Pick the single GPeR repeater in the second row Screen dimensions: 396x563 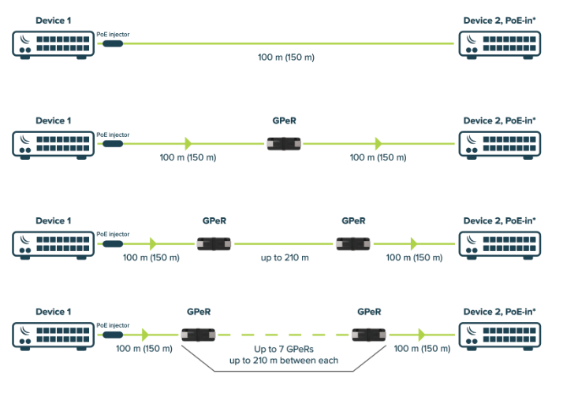pyautogui.click(x=284, y=144)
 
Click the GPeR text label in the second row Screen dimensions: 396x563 pyautogui.click(x=284, y=122)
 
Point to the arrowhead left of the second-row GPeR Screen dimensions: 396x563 pyautogui.click(x=188, y=144)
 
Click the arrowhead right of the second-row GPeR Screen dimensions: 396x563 pyautogui.click(x=378, y=144)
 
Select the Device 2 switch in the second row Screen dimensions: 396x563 pyautogui.click(x=499, y=144)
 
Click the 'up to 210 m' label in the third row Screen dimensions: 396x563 pyautogui.click(x=285, y=258)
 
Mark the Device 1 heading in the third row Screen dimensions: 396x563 pyautogui.click(x=53, y=221)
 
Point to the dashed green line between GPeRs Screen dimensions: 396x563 pyautogui.click(x=284, y=334)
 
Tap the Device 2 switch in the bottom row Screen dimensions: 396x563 pyautogui.click(x=499, y=334)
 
